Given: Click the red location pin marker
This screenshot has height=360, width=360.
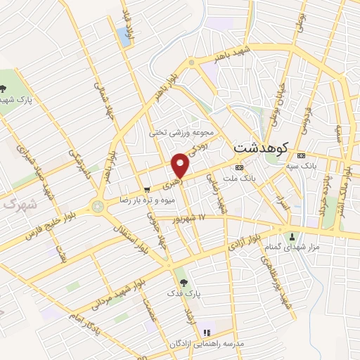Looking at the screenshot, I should pos(181,165).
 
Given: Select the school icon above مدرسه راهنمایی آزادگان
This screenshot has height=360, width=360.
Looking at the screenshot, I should pos(207,332).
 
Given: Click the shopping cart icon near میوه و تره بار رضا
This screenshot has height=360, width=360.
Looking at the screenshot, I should pos(146,189).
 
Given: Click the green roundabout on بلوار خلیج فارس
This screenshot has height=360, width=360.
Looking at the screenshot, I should pos(96,207).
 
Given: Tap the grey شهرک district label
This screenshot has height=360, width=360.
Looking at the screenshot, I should pos(18,204).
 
